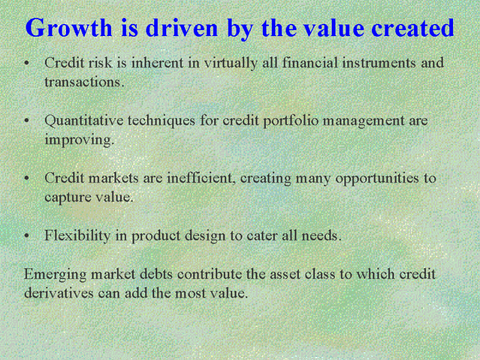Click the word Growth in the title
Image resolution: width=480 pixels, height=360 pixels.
69,28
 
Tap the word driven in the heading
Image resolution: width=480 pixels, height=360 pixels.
182,28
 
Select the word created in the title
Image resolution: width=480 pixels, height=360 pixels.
413,28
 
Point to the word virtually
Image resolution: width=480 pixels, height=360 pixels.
231,64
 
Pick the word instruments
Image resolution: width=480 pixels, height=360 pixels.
379,63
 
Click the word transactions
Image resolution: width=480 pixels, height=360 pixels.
84,82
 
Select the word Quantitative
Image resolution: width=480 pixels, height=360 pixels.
84,121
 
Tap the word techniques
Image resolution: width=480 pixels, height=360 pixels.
161,121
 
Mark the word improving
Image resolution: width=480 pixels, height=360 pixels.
79,140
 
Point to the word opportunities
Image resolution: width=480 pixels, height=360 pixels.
377,179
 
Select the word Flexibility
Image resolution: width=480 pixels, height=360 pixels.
77,236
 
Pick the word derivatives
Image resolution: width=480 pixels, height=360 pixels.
59,293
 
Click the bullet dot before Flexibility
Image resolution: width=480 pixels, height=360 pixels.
27,236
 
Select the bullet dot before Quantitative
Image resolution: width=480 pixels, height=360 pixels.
27,121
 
